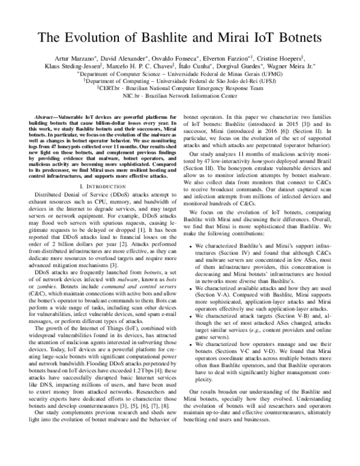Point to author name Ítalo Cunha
199,66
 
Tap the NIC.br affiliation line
179,95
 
